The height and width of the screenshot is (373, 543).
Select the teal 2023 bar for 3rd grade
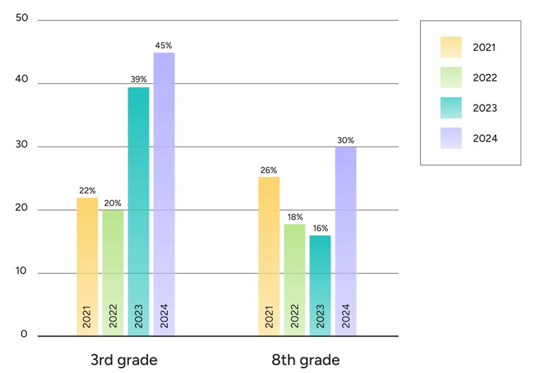138,203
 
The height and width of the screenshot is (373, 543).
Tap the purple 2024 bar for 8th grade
345,231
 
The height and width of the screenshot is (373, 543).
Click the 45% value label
164,46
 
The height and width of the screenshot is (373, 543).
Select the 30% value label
345,140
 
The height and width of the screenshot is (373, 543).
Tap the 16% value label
320,229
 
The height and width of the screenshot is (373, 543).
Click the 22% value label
87,191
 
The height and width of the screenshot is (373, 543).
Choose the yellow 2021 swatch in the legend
451,47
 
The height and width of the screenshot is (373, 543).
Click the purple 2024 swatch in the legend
451,138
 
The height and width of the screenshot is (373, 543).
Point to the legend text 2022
485,78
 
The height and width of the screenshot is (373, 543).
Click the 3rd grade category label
124,359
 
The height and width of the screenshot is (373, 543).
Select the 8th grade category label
305,359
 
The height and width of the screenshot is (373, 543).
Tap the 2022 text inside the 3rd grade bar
113,316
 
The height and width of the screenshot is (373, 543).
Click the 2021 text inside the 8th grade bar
269,316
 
